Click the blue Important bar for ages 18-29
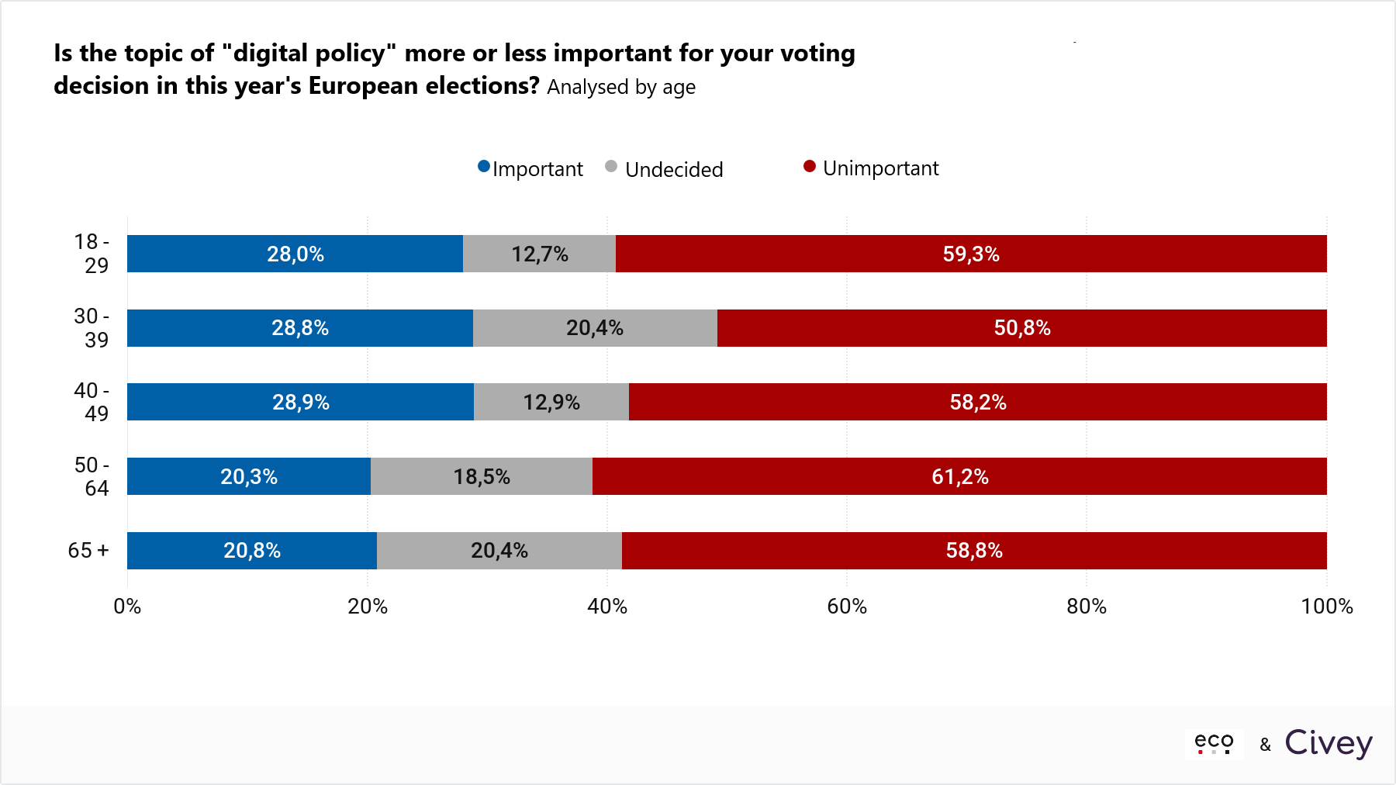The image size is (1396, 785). (x=295, y=254)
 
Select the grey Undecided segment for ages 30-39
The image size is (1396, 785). (x=595, y=328)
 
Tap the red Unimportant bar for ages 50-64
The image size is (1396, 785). (x=959, y=476)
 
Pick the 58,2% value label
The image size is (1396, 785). (x=978, y=403)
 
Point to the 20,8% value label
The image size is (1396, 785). (x=252, y=551)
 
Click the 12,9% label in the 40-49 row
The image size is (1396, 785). (x=551, y=403)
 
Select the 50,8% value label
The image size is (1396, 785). (x=1022, y=328)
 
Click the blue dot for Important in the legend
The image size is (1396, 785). (x=484, y=167)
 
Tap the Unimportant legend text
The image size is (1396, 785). (x=880, y=168)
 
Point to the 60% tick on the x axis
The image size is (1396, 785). (x=847, y=607)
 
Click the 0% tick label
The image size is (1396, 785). (x=127, y=607)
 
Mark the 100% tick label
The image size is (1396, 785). (x=1326, y=607)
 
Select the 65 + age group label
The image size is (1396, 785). (x=88, y=551)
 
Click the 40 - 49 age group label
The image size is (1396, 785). (x=92, y=402)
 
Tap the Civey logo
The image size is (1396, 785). (x=1329, y=743)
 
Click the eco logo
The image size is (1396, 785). (x=1214, y=743)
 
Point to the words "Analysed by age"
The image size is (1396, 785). (x=621, y=87)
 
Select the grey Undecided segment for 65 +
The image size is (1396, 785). (x=499, y=551)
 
